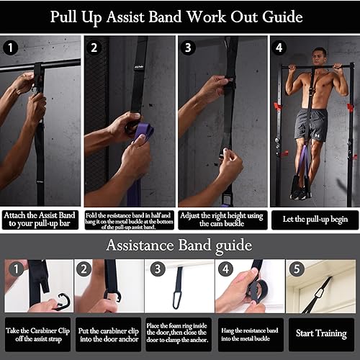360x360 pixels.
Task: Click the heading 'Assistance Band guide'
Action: click(x=180, y=245)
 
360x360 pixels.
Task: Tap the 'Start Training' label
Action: click(x=322, y=334)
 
